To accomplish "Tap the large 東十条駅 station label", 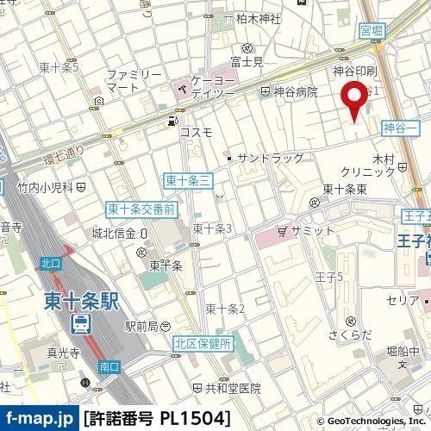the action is [x=81, y=303].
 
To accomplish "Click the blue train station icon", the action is [x=80, y=323].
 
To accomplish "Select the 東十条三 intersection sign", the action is [x=182, y=179].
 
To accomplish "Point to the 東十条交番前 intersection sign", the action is [x=141, y=209].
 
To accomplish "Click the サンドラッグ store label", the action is [x=270, y=159].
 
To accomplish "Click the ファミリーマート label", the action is [x=134, y=81].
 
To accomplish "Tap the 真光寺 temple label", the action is [x=39, y=353].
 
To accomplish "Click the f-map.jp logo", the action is [x=40, y=418].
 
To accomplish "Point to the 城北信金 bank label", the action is [x=114, y=233].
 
